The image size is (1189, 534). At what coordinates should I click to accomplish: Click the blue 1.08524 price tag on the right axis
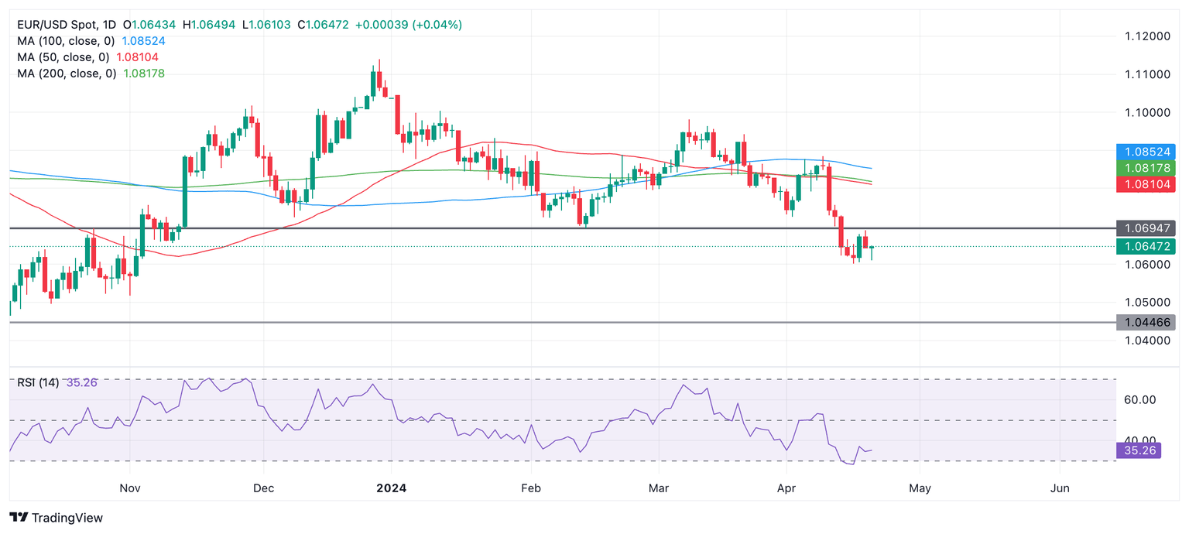pos(1146,152)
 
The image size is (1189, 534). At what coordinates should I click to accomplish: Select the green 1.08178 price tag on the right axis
pos(1146,168)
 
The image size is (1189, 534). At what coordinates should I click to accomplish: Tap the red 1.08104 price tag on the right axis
pos(1146,184)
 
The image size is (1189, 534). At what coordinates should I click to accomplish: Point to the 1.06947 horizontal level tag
pos(1146,228)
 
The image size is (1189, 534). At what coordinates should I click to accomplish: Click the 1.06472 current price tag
pos(1146,246)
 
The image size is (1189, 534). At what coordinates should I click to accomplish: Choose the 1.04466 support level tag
pos(1146,322)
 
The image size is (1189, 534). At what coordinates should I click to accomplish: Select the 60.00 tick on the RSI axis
pos(1139,400)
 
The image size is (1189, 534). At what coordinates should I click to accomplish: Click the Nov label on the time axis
pos(130,488)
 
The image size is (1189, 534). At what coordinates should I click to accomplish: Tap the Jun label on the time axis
pos(1060,488)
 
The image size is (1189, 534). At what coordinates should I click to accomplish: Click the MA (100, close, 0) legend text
pos(67,41)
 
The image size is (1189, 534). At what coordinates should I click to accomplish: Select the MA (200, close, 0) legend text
pos(67,74)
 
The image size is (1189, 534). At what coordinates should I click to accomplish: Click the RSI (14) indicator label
pos(39,382)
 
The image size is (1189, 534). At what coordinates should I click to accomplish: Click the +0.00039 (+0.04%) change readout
pos(408,25)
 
